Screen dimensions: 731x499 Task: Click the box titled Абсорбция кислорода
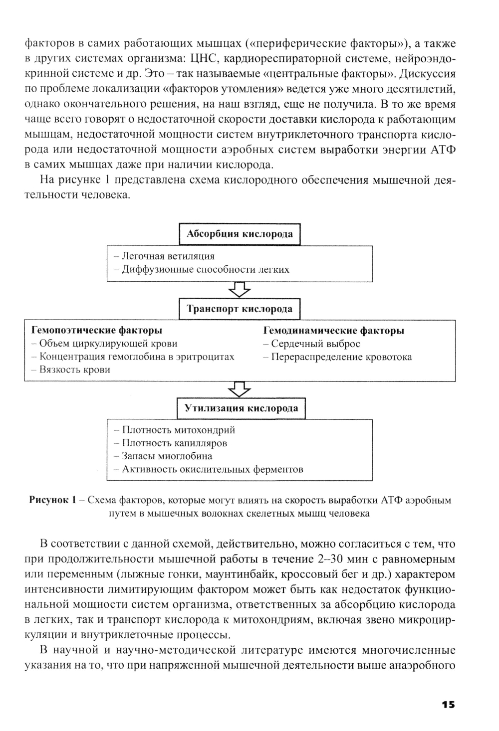tap(240, 234)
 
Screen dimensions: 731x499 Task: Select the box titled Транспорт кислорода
tap(240, 309)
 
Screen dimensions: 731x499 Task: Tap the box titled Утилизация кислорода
tap(242, 408)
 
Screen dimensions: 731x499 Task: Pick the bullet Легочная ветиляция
tap(165, 256)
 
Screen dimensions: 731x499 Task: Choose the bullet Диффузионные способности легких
tap(202, 270)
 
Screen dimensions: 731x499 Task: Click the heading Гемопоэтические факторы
tap(97, 330)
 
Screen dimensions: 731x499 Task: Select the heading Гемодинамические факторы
tap(333, 330)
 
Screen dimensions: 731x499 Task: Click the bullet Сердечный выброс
tap(312, 344)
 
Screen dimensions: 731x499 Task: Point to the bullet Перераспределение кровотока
tap(338, 357)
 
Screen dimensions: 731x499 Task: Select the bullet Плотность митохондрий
tap(175, 430)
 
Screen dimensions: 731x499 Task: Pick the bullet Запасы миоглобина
tap(163, 456)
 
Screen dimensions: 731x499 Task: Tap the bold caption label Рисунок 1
tap(52, 500)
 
